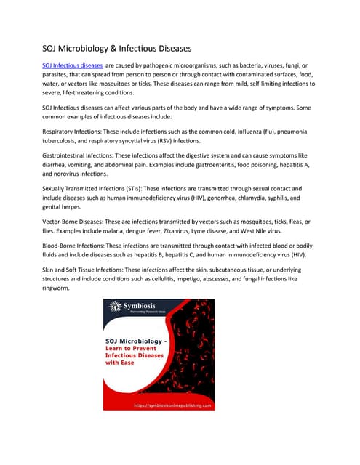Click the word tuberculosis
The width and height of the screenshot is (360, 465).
(63, 142)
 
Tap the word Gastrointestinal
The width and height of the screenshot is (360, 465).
(68, 155)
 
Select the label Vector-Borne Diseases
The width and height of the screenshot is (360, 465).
(73, 222)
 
